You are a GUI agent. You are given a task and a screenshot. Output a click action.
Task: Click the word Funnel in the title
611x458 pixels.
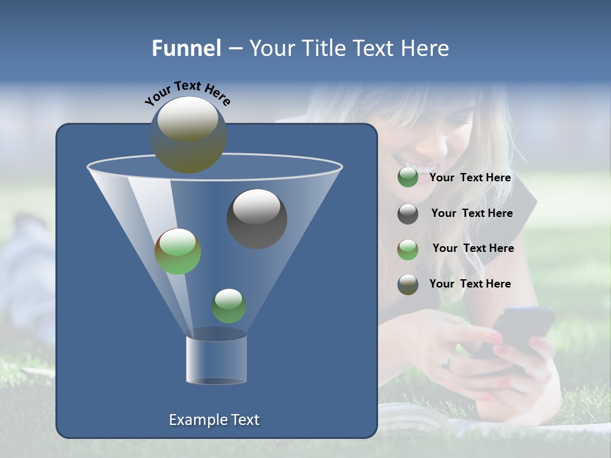coord(186,48)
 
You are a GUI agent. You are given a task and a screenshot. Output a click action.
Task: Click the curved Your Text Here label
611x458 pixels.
coord(187,93)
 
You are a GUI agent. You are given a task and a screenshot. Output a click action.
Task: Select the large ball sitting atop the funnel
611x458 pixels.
coord(188,135)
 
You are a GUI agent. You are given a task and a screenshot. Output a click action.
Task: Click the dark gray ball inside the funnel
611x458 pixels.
coord(256,219)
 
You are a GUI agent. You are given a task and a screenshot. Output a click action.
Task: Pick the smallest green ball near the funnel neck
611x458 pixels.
coord(228,306)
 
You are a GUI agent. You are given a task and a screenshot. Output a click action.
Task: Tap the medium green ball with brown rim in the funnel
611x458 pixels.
coord(178,251)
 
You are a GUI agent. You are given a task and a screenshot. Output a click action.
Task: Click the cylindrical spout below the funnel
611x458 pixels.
coord(216,357)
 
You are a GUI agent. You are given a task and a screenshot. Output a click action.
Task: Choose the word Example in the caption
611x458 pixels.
coord(198,420)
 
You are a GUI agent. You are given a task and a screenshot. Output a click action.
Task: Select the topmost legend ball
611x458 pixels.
coord(408,177)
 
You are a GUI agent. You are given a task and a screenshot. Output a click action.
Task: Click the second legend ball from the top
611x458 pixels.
coord(408,214)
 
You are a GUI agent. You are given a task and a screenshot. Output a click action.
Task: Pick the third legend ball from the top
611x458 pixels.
coord(408,249)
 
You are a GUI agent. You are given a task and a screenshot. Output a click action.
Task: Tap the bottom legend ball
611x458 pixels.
coord(408,284)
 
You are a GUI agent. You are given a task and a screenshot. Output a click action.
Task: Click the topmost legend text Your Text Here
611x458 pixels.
coord(470,178)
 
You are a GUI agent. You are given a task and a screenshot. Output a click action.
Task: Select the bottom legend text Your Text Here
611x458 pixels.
coord(470,284)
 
